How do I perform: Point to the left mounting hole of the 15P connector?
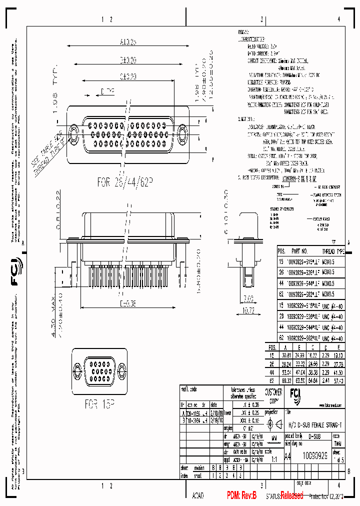[x=77, y=370]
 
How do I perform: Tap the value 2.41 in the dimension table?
[x=325, y=380]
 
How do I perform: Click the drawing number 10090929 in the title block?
[x=313, y=456]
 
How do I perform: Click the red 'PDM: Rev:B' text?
[x=241, y=495]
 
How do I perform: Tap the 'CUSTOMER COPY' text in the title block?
[x=273, y=396]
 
